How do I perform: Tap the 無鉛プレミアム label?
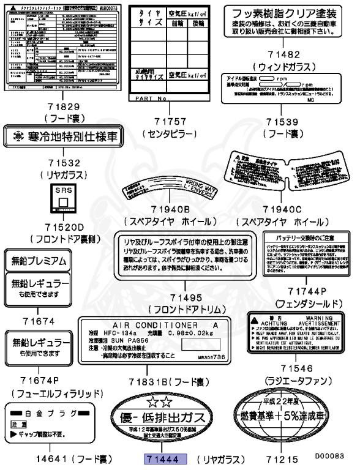click(x=39, y=261)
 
